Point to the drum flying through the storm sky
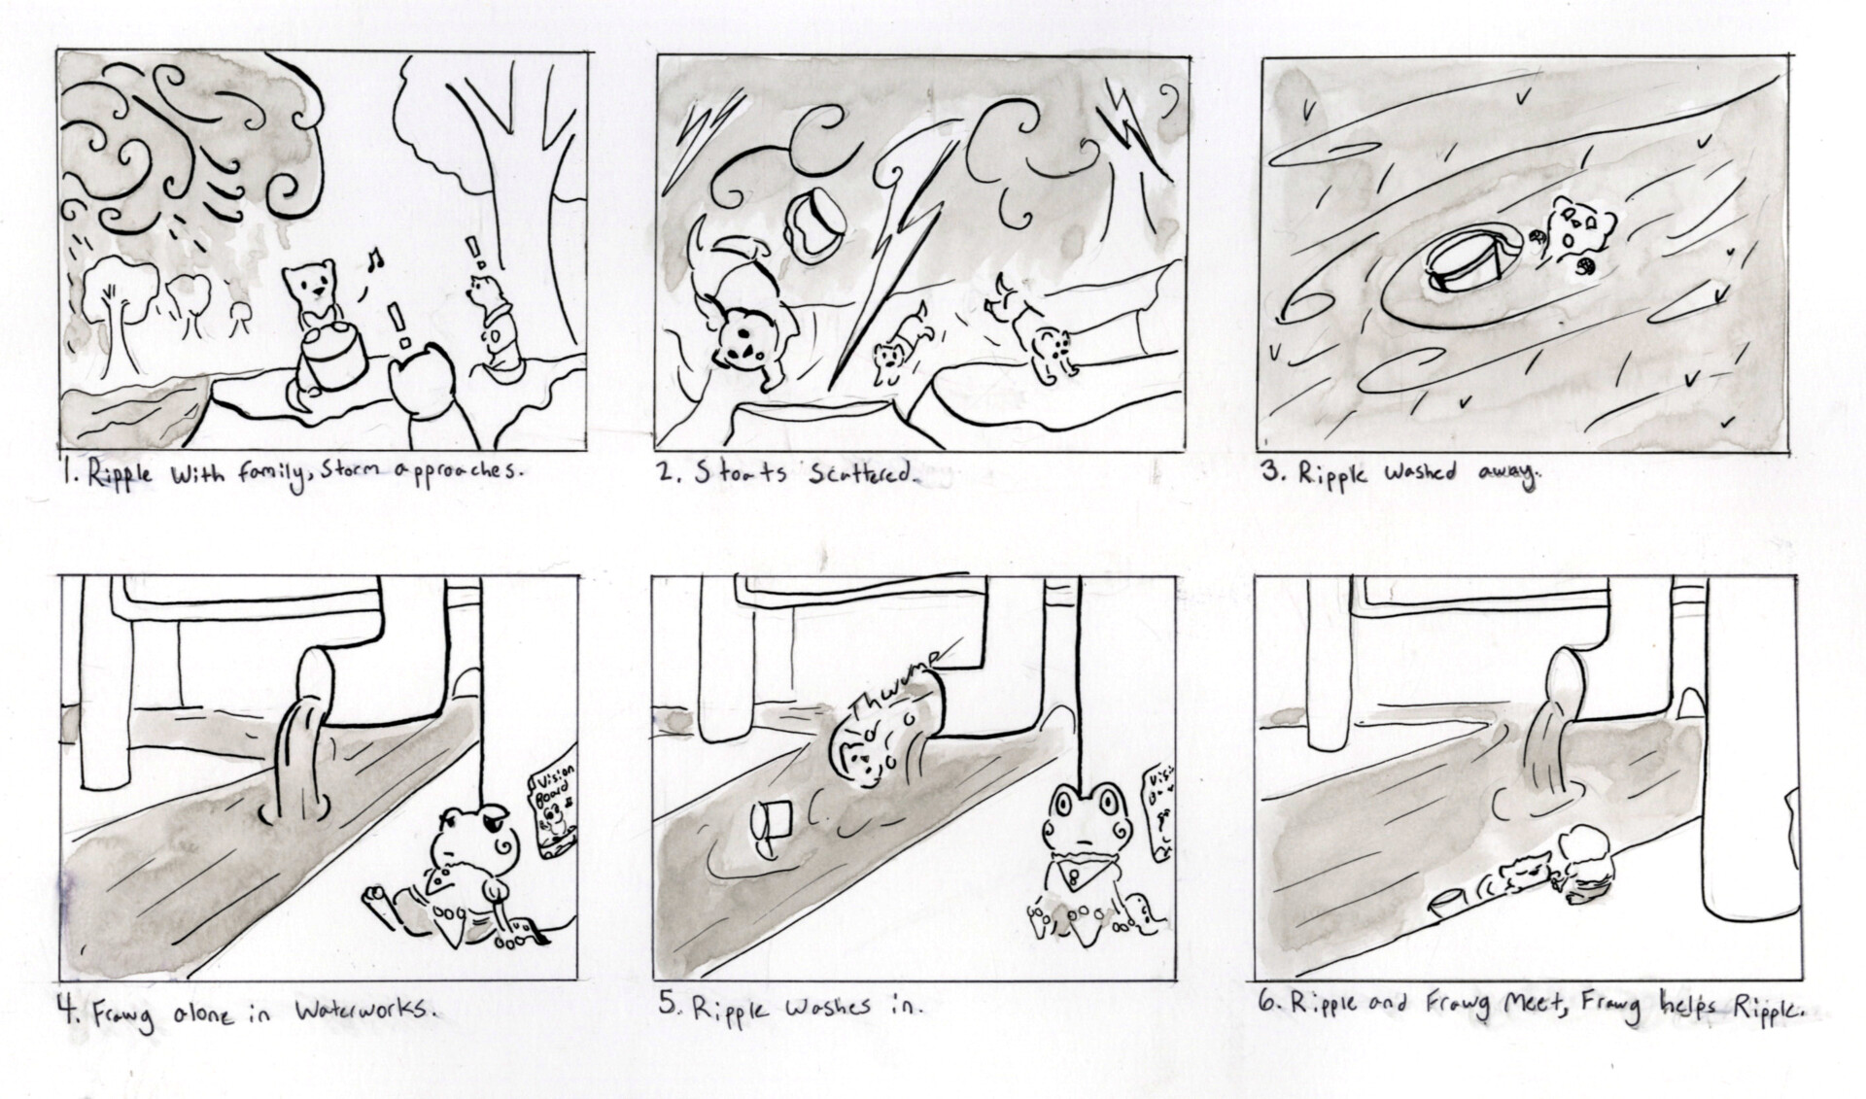[816, 223]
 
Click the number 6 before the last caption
[1264, 1006]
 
